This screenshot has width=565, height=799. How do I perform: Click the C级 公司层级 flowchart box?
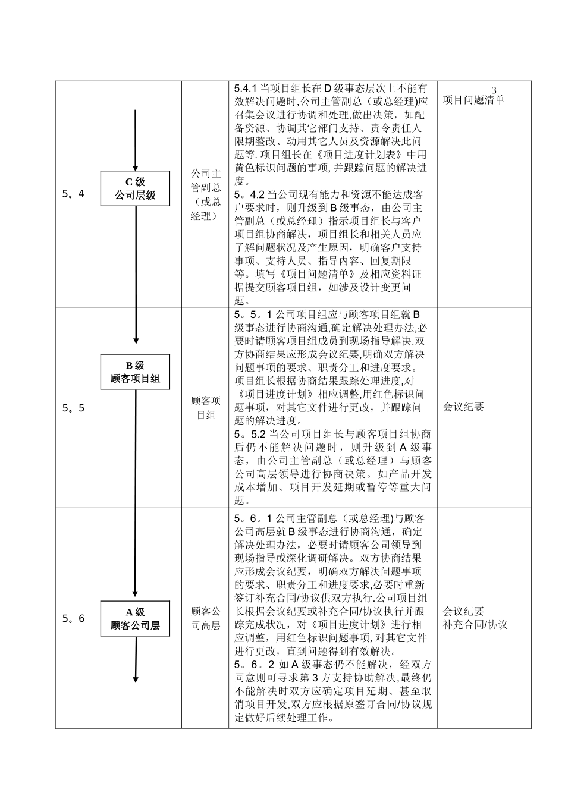[135, 188]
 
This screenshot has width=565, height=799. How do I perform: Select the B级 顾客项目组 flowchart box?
[135, 372]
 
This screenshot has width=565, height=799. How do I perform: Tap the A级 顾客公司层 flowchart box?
[135, 618]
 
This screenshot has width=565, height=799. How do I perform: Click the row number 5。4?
[73, 194]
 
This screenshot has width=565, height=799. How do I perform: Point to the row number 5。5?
[73, 408]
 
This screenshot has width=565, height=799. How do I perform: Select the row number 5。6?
[73, 618]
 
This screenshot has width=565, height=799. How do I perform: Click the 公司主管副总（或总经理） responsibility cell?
[205, 194]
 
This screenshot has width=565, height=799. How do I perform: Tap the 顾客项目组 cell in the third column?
[205, 408]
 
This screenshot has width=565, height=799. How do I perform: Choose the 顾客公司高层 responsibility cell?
[205, 618]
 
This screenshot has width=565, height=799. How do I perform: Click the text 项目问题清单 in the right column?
[473, 100]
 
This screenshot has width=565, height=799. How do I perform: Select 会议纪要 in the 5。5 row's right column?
[463, 407]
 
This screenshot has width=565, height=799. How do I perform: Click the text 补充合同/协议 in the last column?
[475, 625]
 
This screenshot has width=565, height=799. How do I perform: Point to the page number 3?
[494, 90]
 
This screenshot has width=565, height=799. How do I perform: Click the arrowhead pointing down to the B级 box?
[136, 341]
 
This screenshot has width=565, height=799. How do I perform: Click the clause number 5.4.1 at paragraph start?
[246, 88]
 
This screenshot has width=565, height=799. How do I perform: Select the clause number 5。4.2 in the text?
[249, 194]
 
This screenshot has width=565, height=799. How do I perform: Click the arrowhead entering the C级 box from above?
[136, 167]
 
